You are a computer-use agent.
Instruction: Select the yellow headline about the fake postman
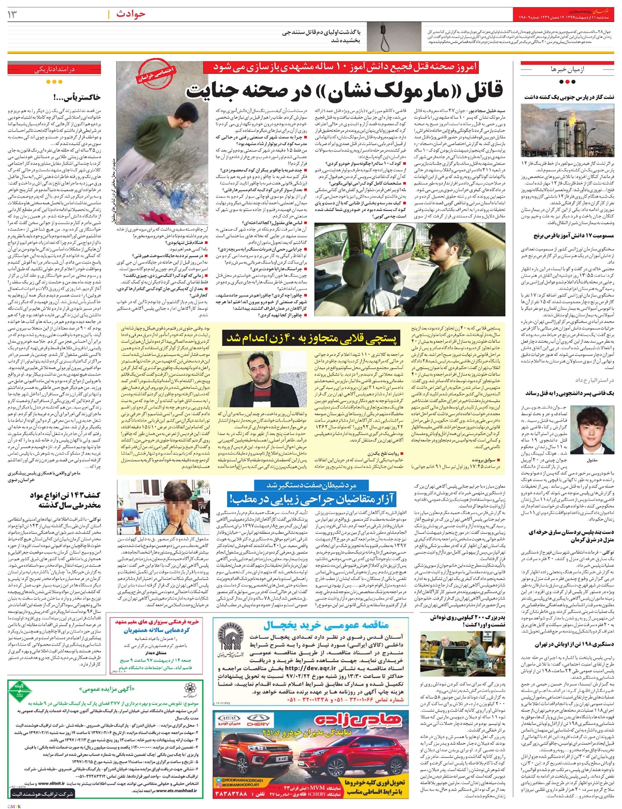pos(312,338)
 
